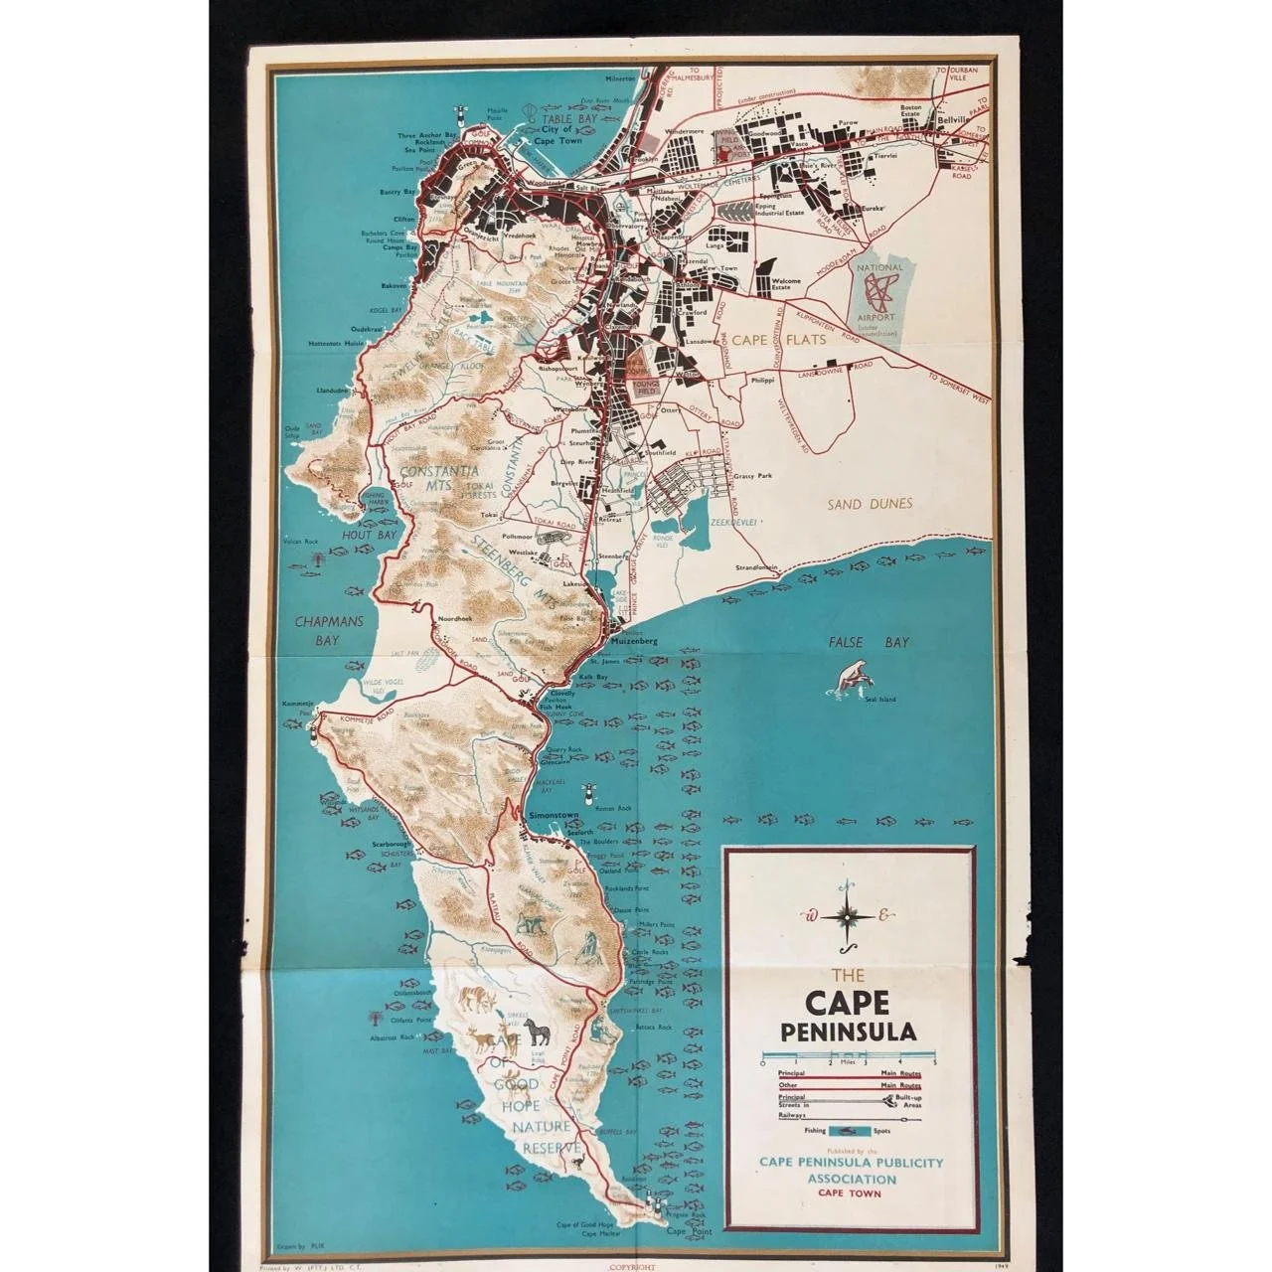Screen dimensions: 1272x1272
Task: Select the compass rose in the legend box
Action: pos(848,915)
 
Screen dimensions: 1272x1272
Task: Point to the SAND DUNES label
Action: pos(870,504)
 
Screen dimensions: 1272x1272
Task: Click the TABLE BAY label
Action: pos(568,118)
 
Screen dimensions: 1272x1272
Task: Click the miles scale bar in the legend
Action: pos(848,1054)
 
